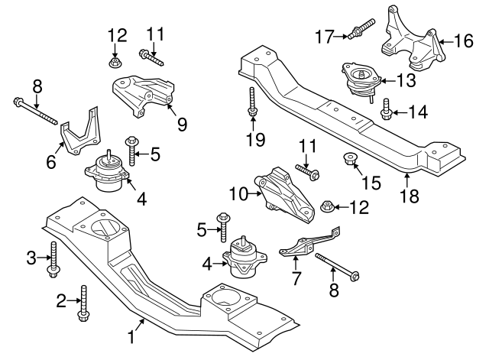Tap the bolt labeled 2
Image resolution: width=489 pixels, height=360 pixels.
tap(83, 302)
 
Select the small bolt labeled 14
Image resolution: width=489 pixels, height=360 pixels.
tap(386, 110)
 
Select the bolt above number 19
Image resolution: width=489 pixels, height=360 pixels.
tap(251, 103)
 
